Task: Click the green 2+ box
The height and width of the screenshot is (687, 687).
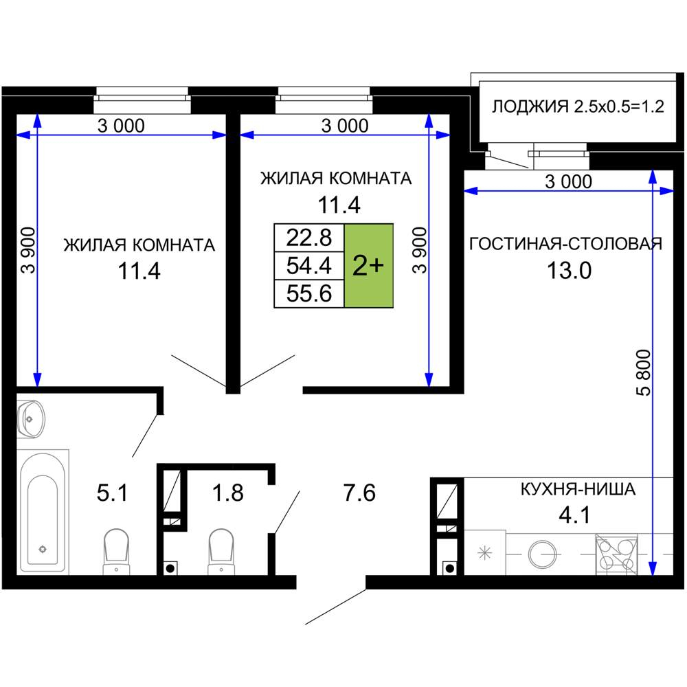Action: coord(368,266)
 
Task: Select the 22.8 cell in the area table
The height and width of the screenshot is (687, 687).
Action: coord(309,238)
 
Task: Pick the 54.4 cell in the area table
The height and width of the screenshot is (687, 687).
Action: coord(309,266)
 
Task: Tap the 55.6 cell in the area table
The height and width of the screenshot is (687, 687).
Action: coord(309,294)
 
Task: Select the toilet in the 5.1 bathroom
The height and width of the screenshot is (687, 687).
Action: coord(116,550)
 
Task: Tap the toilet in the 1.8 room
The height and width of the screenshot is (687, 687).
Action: coord(222,550)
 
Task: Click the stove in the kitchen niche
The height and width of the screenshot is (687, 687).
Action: coord(616,555)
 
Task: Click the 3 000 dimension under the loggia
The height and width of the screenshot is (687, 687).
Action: coord(567,181)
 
